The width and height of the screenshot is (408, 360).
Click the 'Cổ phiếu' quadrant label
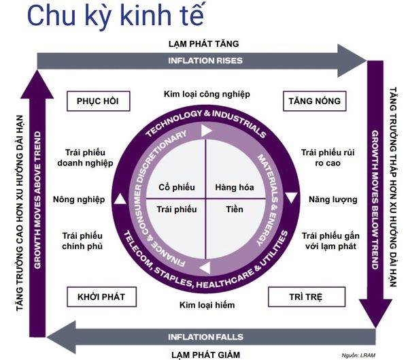click(177, 187)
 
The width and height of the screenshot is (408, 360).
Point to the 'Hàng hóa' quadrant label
click(233, 187)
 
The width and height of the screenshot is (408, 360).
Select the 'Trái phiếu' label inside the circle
click(177, 210)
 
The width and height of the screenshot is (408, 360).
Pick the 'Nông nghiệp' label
click(79, 199)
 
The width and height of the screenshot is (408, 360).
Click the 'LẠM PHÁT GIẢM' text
click(205, 354)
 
